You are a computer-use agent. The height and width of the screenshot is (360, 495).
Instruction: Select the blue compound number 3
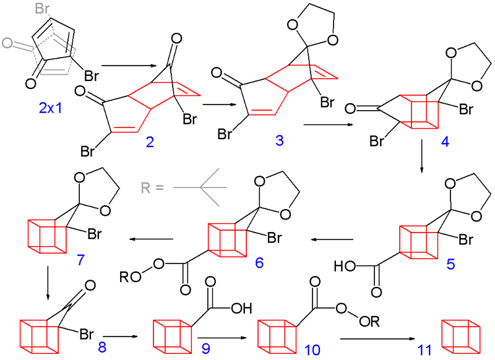click(x=280, y=142)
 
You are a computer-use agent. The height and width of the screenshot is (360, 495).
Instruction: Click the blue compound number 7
click(x=81, y=259)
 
